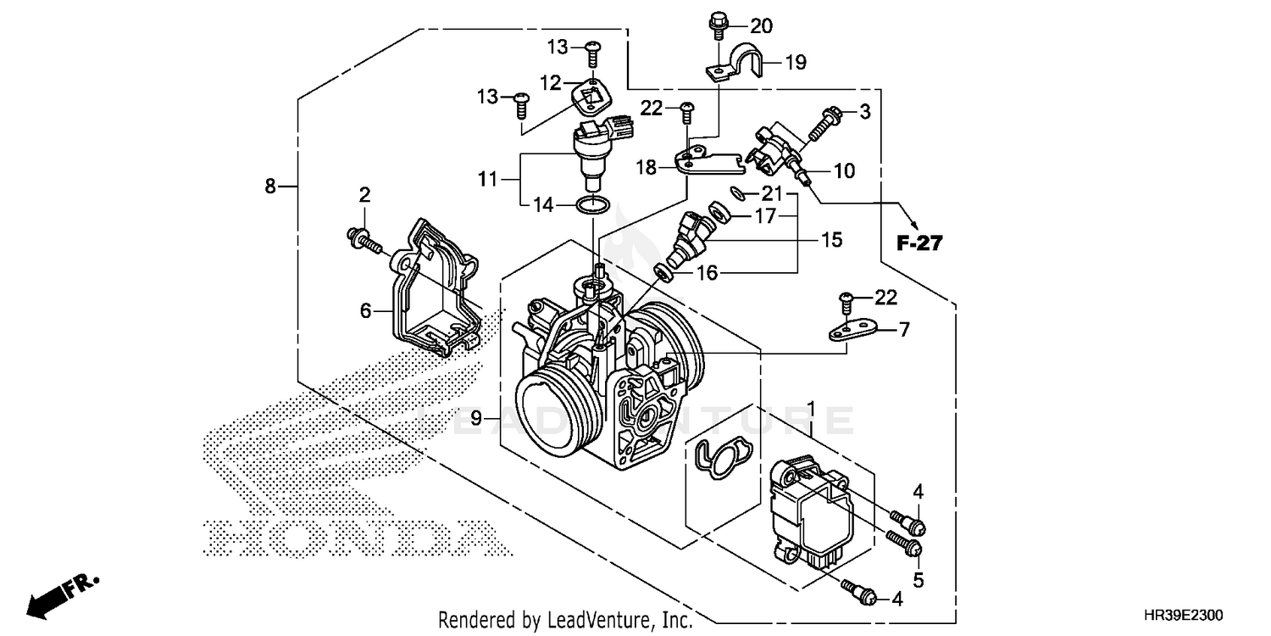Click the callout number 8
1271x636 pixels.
point(270,186)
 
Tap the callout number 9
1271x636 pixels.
point(475,417)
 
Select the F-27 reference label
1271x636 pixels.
point(919,244)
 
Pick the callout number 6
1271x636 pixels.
point(365,311)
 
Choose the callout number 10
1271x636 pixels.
point(844,170)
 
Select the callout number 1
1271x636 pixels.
point(811,410)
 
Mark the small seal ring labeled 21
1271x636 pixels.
point(738,193)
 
